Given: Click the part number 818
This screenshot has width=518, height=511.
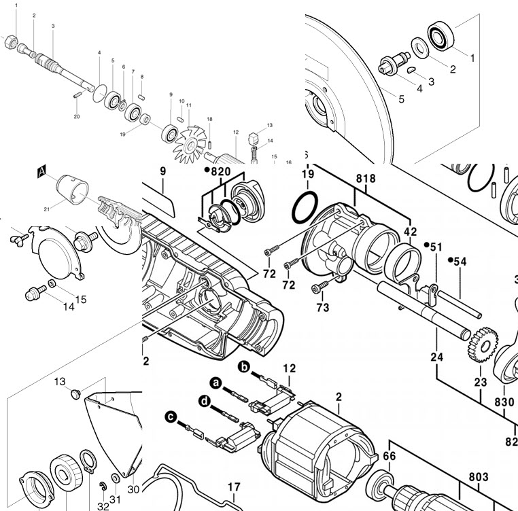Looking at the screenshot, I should click(x=366, y=179).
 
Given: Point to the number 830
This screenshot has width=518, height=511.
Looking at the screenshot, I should click(x=504, y=402).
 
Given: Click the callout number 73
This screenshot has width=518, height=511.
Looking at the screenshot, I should click(x=322, y=308).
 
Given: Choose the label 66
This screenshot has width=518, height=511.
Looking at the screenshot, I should click(x=389, y=456).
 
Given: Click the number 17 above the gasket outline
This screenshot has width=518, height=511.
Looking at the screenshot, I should click(x=233, y=487).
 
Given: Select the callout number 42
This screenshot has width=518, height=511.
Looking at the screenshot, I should click(x=411, y=231).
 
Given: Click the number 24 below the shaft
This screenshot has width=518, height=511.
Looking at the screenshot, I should click(x=436, y=356).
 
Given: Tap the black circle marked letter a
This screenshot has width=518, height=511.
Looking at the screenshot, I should click(x=217, y=384).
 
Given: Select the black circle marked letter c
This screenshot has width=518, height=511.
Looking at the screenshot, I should click(x=171, y=416).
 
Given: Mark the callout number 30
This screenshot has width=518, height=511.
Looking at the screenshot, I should click(x=133, y=489).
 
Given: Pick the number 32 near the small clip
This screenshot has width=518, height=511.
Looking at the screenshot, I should click(x=103, y=506).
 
